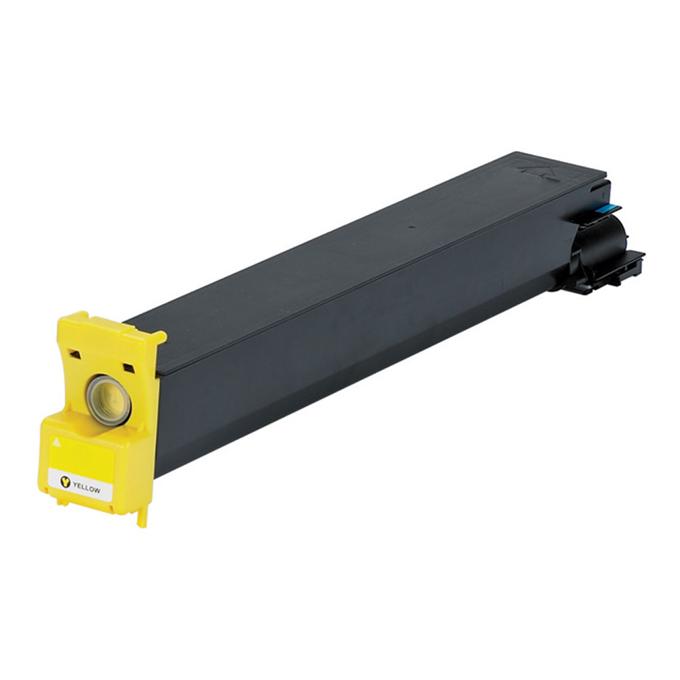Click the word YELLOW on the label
coord(87,487)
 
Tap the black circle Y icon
coord(65,482)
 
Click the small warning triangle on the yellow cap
coord(56,442)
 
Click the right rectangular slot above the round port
coord(129,368)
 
